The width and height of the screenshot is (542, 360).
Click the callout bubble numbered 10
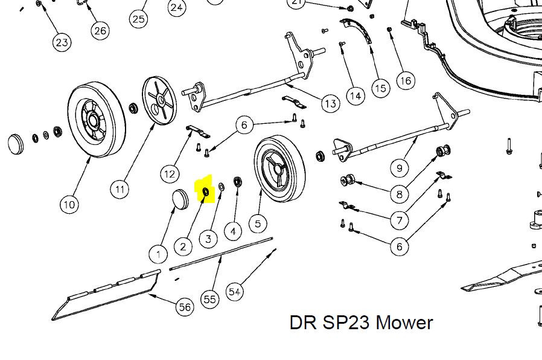(69, 205)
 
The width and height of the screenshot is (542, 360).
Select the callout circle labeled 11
(120, 190)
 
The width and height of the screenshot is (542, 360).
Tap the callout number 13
(330, 104)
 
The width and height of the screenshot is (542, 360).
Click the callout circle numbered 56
(185, 307)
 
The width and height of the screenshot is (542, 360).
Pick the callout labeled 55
(210, 299)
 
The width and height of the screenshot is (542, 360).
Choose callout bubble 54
(235, 292)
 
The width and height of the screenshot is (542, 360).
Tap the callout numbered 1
(158, 253)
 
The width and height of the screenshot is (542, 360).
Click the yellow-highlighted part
(205, 192)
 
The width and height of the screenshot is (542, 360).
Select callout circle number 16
(405, 80)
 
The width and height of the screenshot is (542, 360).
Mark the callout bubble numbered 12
(170, 174)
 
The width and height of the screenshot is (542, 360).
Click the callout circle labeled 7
(399, 220)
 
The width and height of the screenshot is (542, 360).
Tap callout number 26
(100, 31)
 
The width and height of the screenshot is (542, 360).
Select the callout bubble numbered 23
(62, 42)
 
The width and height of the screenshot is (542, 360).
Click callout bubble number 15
(380, 88)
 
